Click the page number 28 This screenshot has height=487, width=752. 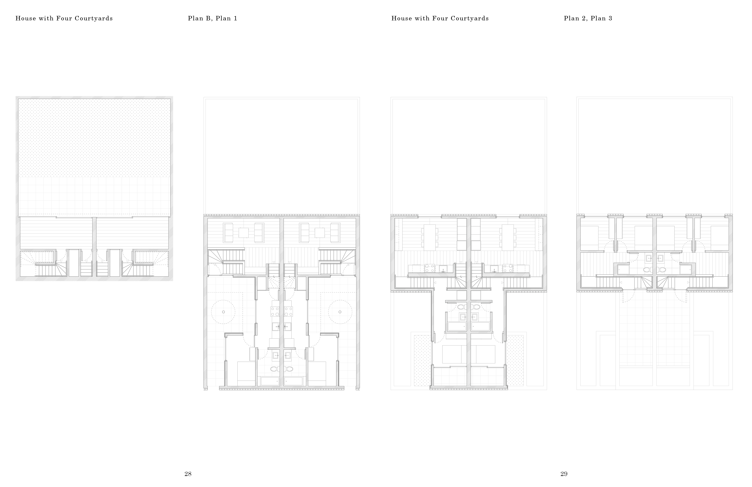[x=188, y=474]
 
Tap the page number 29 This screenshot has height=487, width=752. [x=564, y=474]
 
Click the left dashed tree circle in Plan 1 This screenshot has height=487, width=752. [x=223, y=312]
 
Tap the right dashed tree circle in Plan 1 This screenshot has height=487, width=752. [x=340, y=312]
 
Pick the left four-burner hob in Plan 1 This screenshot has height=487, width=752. [x=275, y=311]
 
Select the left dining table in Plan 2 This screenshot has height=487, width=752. [x=429, y=238]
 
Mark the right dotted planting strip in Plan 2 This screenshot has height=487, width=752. [x=515, y=361]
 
